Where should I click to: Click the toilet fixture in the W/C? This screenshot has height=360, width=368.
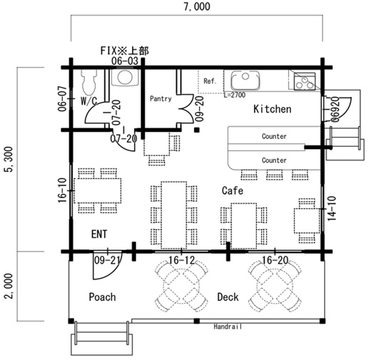(89, 82)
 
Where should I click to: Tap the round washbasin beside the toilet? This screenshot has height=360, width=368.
(125, 77)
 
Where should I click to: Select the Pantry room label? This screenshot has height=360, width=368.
(160, 98)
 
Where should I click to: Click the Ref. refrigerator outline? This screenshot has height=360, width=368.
(210, 81)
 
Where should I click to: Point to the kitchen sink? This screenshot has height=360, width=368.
(245, 80)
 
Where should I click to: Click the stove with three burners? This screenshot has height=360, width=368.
(305, 82)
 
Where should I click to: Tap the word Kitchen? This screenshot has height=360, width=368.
(272, 109)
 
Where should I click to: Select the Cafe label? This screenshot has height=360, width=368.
(232, 190)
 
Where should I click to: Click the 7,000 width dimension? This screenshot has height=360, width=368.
(197, 6)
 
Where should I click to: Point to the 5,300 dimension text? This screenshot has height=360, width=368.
(9, 159)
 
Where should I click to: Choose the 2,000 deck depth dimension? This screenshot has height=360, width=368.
(9, 286)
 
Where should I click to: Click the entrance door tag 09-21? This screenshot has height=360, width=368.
(107, 260)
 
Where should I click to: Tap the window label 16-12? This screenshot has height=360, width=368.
(182, 260)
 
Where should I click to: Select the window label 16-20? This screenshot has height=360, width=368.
(275, 260)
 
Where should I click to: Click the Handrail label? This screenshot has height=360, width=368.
(228, 326)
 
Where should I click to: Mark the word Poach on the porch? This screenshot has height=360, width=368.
(103, 297)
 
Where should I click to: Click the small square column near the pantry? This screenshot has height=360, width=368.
(196, 130)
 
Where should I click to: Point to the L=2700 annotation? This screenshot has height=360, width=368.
(235, 95)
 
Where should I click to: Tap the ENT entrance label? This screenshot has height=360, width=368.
(99, 234)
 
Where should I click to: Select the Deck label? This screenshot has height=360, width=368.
(228, 297)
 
